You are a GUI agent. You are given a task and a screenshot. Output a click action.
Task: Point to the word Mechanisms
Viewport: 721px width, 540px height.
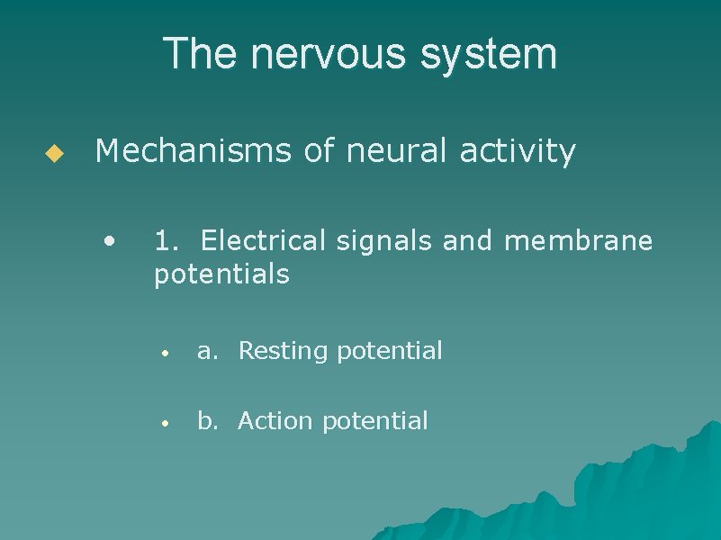click(194, 152)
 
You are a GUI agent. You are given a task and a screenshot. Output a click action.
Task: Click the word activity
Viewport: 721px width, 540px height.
click(517, 152)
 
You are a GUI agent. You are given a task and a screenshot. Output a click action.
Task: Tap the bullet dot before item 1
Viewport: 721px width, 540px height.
click(109, 240)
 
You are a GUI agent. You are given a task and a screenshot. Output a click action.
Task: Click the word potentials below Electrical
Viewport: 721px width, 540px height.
click(221, 274)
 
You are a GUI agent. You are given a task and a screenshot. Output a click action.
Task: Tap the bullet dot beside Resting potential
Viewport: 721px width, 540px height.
click(165, 352)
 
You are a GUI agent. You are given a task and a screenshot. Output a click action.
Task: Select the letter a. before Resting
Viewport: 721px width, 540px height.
click(208, 351)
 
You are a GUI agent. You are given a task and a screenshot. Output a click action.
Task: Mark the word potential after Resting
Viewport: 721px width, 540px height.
click(390, 351)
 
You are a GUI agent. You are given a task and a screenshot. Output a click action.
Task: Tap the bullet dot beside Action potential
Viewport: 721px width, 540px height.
click(165, 422)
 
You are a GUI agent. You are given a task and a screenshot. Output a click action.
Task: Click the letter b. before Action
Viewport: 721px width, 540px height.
click(208, 421)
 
